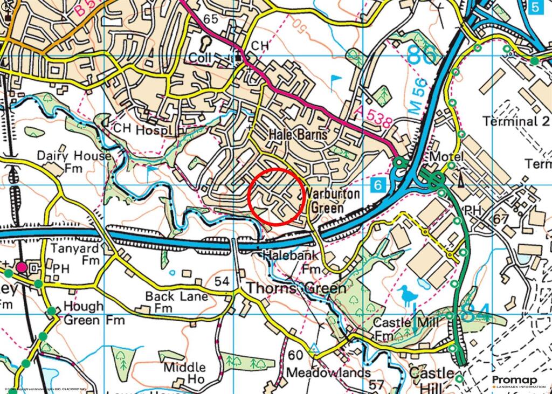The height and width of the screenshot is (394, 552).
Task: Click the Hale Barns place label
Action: point(298,135)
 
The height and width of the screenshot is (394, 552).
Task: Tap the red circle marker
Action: point(277,196)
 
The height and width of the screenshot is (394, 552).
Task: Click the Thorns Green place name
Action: point(287,288)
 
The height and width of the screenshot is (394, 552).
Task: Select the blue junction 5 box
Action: point(534,7)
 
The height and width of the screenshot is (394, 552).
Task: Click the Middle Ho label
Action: point(185,373)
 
